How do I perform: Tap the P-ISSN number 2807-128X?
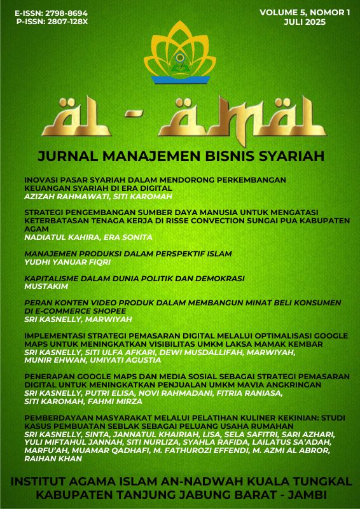click(x=62, y=22)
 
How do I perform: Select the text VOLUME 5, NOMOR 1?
click(x=305, y=13)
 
